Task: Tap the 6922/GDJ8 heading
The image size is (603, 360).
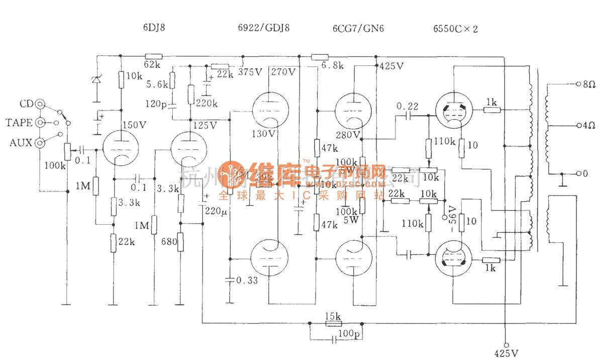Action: coord(260,29)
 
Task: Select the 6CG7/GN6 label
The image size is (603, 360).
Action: coord(351,29)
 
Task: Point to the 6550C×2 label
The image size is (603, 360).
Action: coord(455,29)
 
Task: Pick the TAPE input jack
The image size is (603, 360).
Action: coord(39,123)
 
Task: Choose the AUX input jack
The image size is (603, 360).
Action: coord(39,143)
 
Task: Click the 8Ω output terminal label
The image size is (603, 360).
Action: coord(589,85)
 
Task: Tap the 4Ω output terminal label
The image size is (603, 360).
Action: coord(589,125)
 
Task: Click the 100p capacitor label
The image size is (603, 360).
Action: coord(349,333)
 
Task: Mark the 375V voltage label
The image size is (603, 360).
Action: coord(250,72)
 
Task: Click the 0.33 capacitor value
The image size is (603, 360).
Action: coord(246,281)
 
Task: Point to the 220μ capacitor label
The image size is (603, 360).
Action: coord(216,212)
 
